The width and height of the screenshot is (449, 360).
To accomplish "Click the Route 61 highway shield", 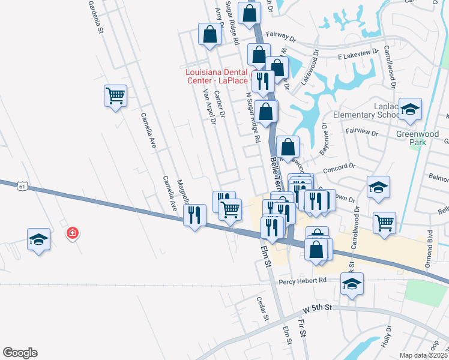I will tap(23, 187).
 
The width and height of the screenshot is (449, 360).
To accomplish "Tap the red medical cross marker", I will tap(73, 232).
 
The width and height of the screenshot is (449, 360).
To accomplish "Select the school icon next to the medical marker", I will tap(39, 240).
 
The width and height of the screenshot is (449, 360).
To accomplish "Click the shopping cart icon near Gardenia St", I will tap(115, 95).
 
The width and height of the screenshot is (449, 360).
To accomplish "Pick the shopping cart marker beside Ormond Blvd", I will tap(385, 222).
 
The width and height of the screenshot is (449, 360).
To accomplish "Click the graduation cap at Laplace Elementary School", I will tap(411, 109).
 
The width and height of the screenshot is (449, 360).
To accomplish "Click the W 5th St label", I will tap(318, 310).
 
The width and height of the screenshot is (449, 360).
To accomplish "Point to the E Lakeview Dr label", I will tap(358, 55).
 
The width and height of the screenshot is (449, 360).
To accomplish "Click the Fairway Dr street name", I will tap(282, 38).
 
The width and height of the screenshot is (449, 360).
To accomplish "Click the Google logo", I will tap(20, 353).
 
